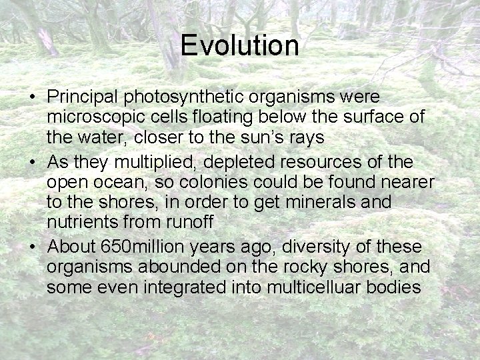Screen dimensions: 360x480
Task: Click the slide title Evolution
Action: click(x=239, y=45)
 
